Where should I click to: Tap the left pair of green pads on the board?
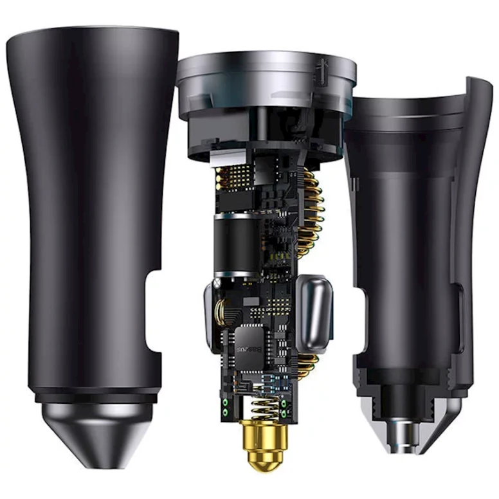226,405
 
